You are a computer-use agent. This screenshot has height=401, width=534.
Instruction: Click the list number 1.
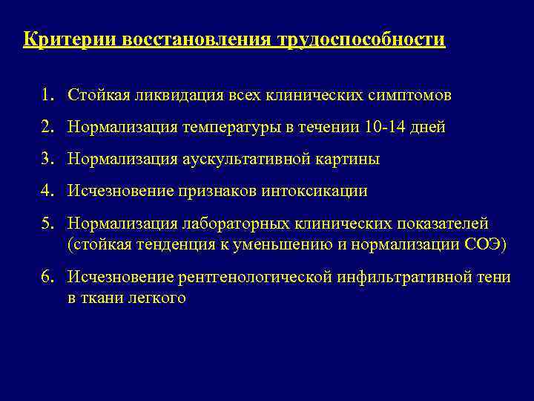pos(47,96)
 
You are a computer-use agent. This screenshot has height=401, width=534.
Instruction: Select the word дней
pos(431,127)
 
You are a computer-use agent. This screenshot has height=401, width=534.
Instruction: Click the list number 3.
pos(47,159)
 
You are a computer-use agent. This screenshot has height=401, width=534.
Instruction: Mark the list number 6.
pos(47,278)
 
